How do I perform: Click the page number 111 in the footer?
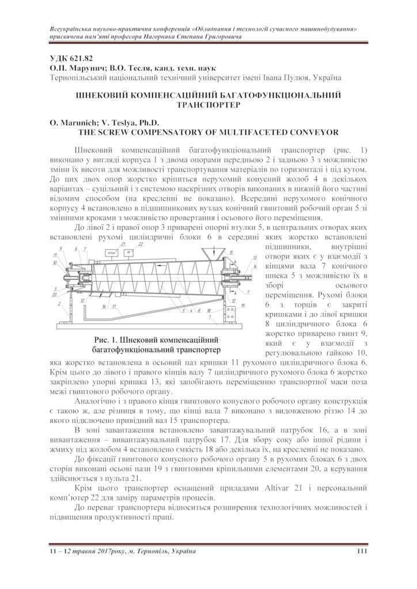[x=362, y=552]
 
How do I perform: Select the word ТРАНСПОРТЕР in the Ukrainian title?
[x=208, y=105]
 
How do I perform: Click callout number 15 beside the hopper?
[x=232, y=253]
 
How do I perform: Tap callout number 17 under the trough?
[x=115, y=307]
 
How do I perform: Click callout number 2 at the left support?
[x=59, y=303]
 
